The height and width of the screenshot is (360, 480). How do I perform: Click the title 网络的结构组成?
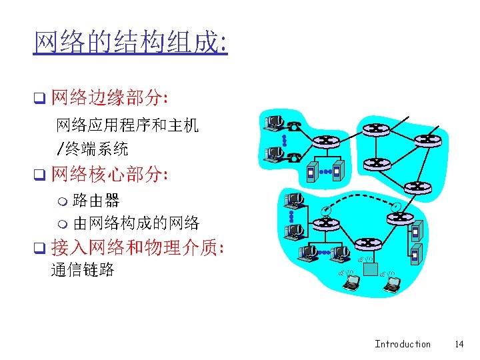(x=131, y=44)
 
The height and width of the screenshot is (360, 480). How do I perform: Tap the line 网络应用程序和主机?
(x=127, y=125)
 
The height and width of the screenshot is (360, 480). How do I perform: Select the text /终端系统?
(x=92, y=148)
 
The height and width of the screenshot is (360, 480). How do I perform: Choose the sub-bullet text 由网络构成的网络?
(x=136, y=223)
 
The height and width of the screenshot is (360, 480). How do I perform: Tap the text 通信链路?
(x=83, y=270)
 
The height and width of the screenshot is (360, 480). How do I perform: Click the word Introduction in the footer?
(x=402, y=344)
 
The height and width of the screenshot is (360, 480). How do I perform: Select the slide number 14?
(x=459, y=344)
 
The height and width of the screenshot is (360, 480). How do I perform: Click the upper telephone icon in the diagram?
(x=294, y=123)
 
